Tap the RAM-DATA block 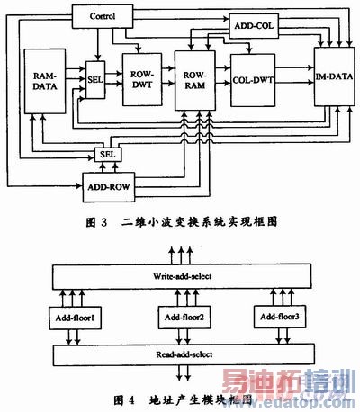click(43, 81)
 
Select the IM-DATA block click(332, 80)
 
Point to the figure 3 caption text click(180, 219)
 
